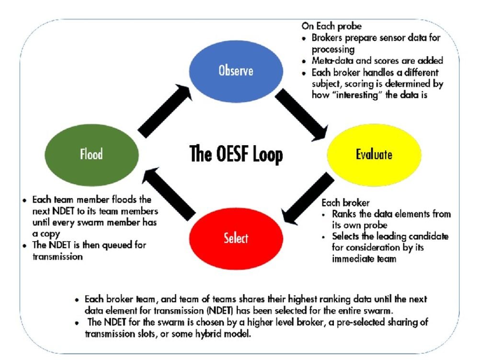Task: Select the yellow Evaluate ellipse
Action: pyautogui.click(x=374, y=154)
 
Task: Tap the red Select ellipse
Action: pyautogui.click(x=236, y=238)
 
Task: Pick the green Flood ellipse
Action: pyautogui.click(x=91, y=155)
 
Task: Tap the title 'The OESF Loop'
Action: pyautogui.click(x=236, y=154)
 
